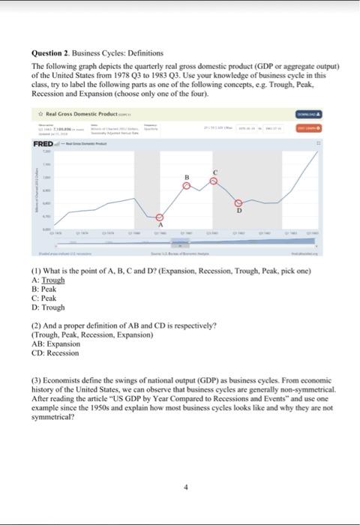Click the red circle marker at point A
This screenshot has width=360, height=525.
[159, 217]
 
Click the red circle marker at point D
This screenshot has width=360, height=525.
[239, 203]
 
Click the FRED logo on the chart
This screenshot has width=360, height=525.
[43, 144]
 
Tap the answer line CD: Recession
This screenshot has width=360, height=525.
[55, 352]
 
